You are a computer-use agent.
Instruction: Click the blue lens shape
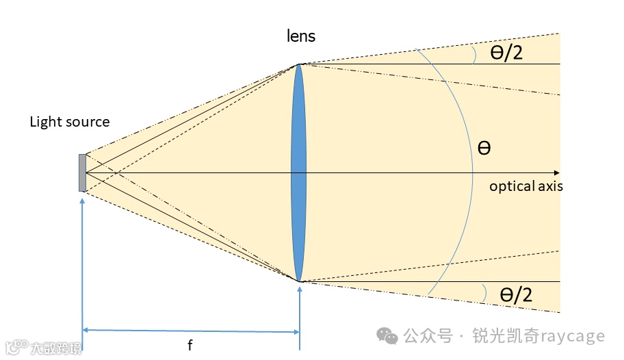click(298, 172)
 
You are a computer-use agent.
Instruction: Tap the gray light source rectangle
click(82, 172)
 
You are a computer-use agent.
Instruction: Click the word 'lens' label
click(301, 36)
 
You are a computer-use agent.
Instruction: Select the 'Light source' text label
click(69, 122)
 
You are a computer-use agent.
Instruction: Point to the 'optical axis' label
click(525, 185)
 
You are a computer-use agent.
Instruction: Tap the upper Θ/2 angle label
click(506, 53)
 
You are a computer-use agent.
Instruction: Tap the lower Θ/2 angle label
click(516, 294)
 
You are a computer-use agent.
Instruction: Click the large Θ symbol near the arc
click(484, 148)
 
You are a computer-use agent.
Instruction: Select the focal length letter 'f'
click(190, 346)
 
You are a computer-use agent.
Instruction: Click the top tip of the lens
click(298, 65)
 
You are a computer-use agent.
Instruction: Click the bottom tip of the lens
click(299, 281)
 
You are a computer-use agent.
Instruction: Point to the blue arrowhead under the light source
click(82, 200)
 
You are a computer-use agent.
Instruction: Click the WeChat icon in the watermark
click(389, 336)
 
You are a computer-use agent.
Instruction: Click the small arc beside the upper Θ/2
click(473, 54)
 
